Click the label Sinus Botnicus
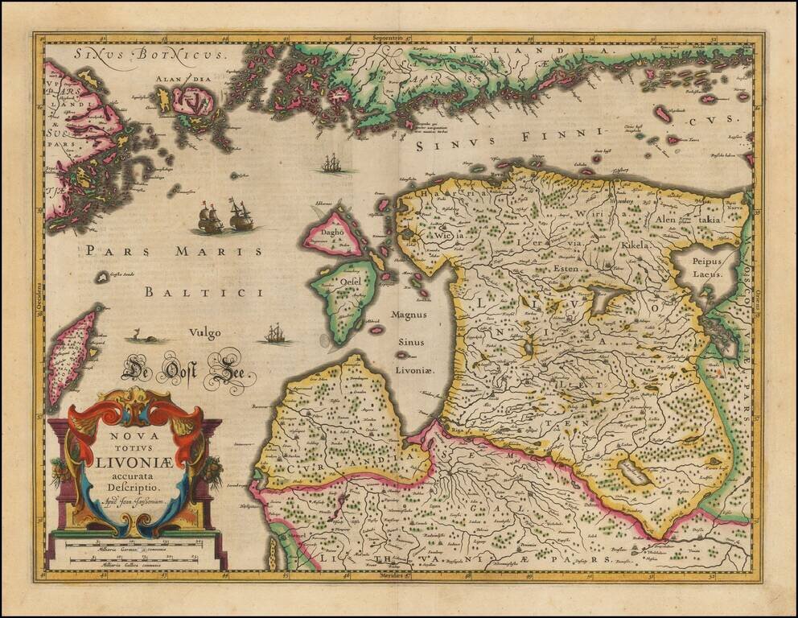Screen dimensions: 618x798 coord(124,55)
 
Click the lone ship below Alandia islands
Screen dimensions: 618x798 coord(336,165)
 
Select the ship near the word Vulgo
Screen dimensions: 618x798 coord(275,333)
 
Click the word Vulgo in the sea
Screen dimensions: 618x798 coord(204,334)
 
